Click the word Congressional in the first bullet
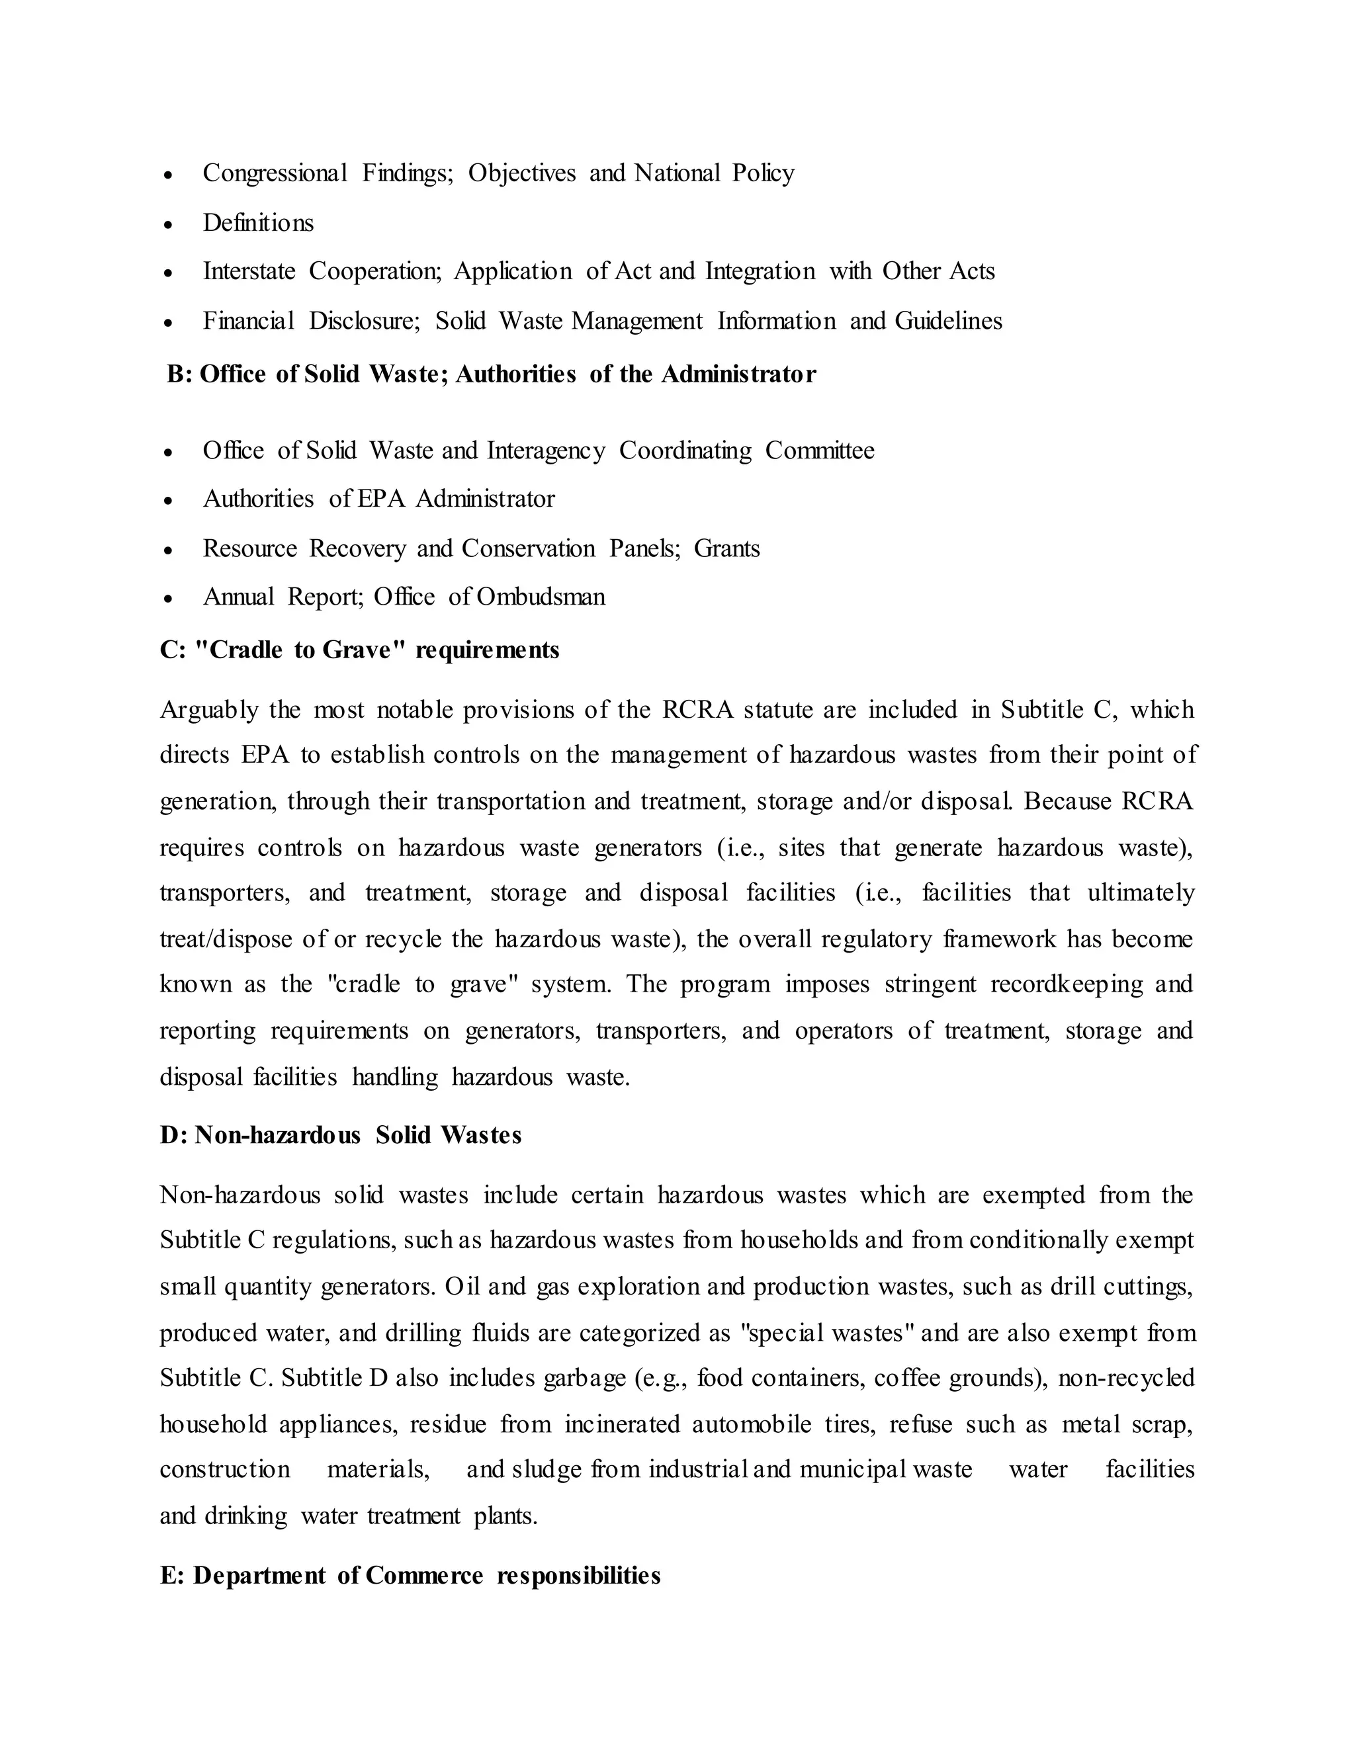click(x=275, y=173)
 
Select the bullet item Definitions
click(x=257, y=222)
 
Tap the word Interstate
click(x=249, y=271)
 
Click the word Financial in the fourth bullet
click(x=249, y=321)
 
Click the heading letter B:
click(x=179, y=374)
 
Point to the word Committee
click(x=820, y=450)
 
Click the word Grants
click(x=726, y=548)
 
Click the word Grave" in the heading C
click(x=361, y=650)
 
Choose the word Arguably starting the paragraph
click(x=207, y=710)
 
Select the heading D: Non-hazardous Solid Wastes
click(x=340, y=1135)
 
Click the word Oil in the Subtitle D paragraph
click(x=462, y=1287)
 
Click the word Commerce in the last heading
click(x=424, y=1576)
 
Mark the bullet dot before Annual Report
click(x=168, y=599)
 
